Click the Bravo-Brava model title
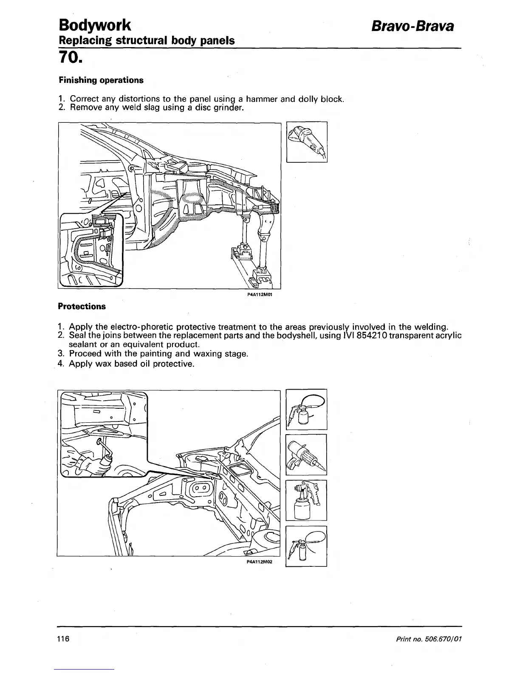pos(413,26)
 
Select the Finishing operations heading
pos(101,80)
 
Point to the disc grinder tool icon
pos(307,141)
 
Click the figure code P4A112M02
pos(259,561)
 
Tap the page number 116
pos(63,639)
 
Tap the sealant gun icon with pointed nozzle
pos(306,455)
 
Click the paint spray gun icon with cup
pos(306,500)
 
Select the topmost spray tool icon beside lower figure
pos(306,409)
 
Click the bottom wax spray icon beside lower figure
pos(306,546)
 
